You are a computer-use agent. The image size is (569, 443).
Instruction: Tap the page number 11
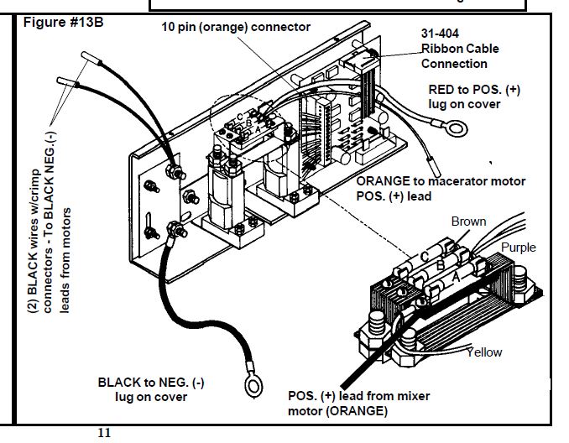104,433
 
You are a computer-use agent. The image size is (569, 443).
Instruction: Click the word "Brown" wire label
468,221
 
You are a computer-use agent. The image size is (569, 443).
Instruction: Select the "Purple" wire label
518,248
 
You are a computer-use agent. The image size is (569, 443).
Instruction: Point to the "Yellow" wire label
484,352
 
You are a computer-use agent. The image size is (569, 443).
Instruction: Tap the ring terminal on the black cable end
249,385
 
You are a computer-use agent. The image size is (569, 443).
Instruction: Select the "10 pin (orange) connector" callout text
236,27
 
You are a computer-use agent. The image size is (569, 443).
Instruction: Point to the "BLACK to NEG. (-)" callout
150,383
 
